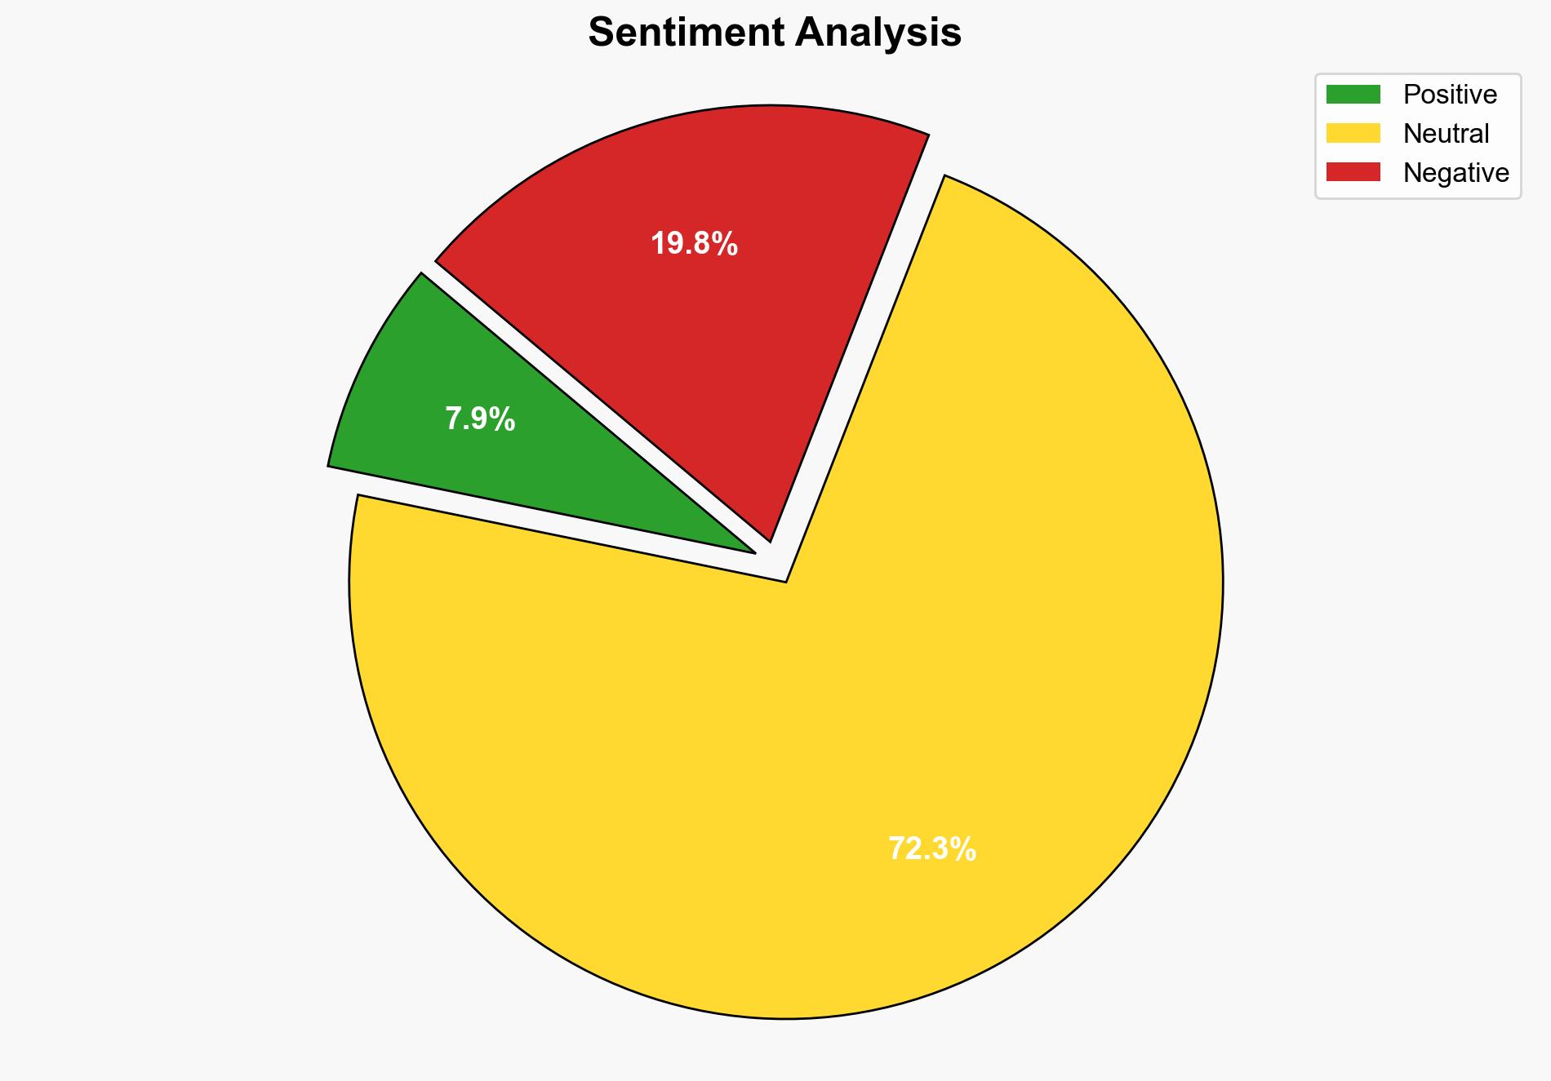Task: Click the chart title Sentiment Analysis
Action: coord(775,33)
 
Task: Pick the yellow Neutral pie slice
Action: coord(816,734)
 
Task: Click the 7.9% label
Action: coord(480,419)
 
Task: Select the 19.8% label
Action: coord(694,244)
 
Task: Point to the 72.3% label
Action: coord(931,849)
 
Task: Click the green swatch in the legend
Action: coord(1353,95)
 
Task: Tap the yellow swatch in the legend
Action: coord(1353,133)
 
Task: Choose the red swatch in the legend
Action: coord(1353,172)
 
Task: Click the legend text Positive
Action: coord(1450,95)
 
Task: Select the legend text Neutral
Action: coord(1446,133)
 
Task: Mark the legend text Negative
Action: coord(1455,172)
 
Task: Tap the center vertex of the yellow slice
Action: coord(784,580)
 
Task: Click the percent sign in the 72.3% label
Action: coord(964,849)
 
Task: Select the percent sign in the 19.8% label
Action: coord(726,244)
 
